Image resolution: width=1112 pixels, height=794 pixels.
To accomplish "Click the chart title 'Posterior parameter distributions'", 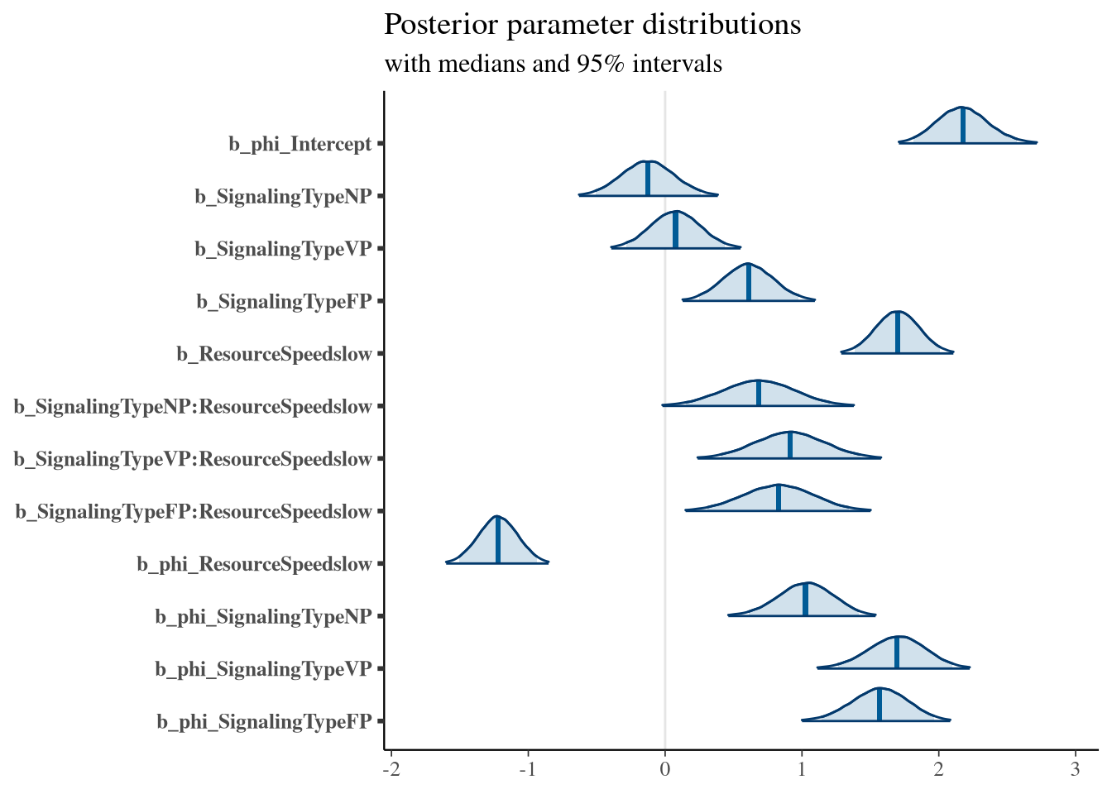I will (592, 25).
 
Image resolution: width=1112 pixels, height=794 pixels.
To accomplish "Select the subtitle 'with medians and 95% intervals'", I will (553, 64).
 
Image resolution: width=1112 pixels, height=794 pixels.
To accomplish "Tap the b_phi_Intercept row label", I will (300, 145).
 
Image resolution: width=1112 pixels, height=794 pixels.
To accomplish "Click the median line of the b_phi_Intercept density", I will (963, 126).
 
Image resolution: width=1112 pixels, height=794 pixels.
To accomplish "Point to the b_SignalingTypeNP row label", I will (284, 197).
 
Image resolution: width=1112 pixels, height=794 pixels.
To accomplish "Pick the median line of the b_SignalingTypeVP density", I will (676, 230).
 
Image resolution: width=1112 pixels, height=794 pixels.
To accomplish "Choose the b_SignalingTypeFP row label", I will (285, 302).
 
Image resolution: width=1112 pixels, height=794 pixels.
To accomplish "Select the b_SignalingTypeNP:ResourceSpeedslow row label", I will (193, 407).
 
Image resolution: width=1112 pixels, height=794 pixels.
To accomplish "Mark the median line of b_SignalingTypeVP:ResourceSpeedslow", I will (790, 445).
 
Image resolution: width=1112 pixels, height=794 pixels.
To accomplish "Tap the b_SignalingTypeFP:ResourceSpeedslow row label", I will (194, 512).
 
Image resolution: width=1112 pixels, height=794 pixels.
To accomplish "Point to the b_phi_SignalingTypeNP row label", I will (264, 617).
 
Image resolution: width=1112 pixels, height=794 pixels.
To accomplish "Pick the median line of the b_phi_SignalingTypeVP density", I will (897, 653).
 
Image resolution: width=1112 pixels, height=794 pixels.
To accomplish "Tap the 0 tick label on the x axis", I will (664, 770).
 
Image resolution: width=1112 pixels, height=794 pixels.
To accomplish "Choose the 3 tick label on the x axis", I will (1076, 770).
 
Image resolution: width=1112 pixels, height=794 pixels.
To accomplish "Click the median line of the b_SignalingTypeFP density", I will (749, 282).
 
